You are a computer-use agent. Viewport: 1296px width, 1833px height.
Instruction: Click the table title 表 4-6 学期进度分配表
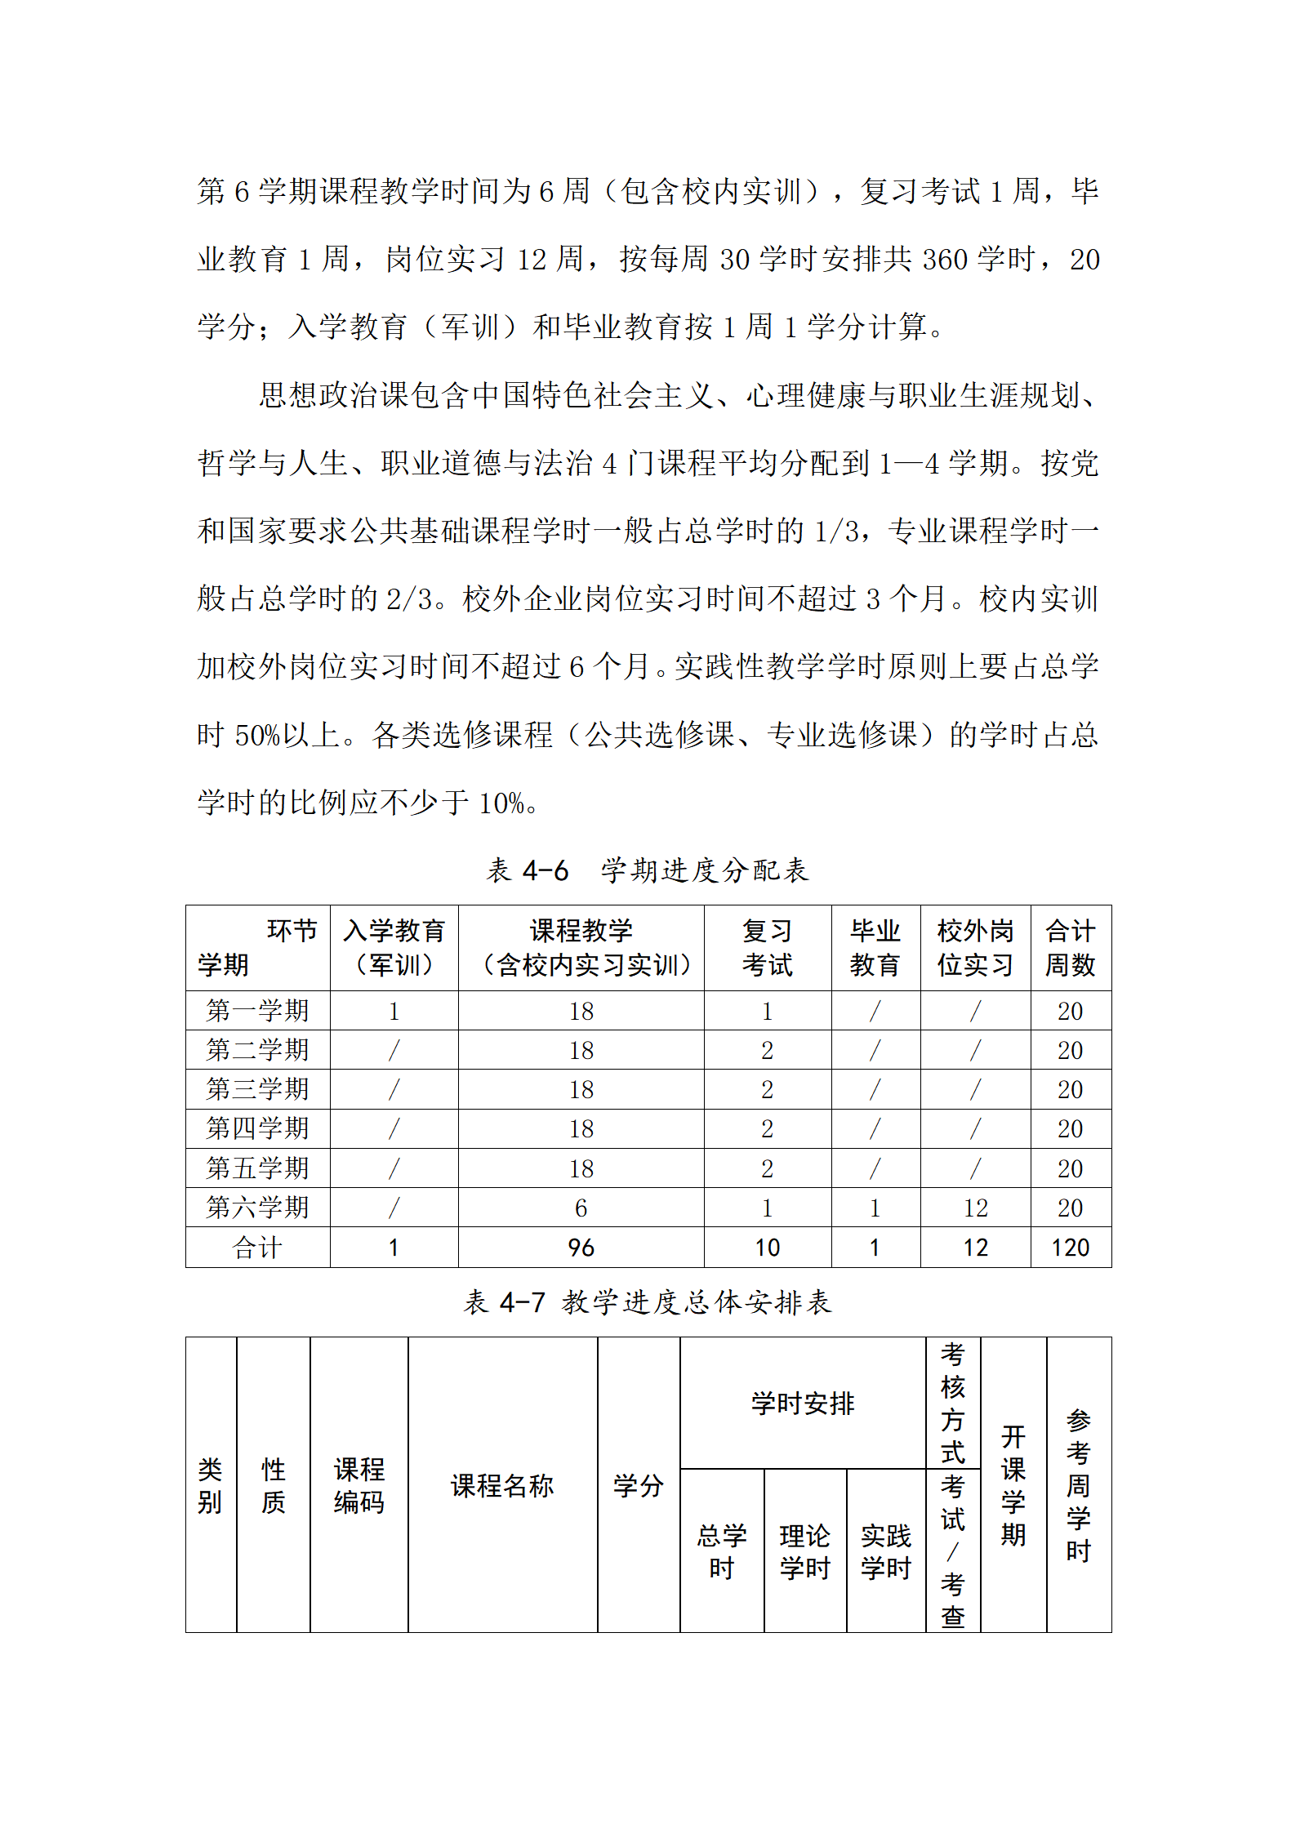(x=647, y=870)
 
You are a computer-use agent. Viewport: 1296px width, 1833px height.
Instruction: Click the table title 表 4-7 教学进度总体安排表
(x=647, y=1301)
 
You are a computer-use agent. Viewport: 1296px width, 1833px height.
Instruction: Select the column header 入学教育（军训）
(x=394, y=947)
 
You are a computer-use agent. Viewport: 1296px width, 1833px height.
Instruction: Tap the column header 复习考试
(x=767, y=947)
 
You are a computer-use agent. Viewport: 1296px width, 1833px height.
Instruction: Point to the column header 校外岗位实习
(x=975, y=947)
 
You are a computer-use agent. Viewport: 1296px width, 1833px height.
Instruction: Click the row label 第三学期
(x=257, y=1089)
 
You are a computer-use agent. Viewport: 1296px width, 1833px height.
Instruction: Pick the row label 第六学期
(x=257, y=1207)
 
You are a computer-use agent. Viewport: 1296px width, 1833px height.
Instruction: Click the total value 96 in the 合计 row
(x=581, y=1248)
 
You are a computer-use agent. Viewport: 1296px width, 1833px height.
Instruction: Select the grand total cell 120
(x=1070, y=1248)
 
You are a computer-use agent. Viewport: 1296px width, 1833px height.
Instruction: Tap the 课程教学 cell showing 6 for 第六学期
(x=581, y=1208)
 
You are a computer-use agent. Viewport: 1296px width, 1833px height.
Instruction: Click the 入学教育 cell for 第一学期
(x=394, y=1012)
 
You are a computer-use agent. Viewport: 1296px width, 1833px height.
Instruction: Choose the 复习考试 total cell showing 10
(x=767, y=1248)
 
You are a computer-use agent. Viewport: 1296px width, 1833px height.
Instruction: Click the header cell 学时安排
(x=802, y=1404)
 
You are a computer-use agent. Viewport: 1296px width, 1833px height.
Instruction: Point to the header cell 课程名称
(x=502, y=1485)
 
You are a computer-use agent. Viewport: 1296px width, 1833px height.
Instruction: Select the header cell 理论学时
(x=804, y=1551)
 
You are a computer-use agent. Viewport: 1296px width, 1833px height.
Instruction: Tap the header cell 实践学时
(x=886, y=1551)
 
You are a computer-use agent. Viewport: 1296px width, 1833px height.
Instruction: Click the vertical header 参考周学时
(x=1078, y=1485)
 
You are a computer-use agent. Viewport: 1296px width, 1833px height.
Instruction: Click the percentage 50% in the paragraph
(x=257, y=736)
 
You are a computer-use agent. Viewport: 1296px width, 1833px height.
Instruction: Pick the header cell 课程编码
(x=359, y=1485)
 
